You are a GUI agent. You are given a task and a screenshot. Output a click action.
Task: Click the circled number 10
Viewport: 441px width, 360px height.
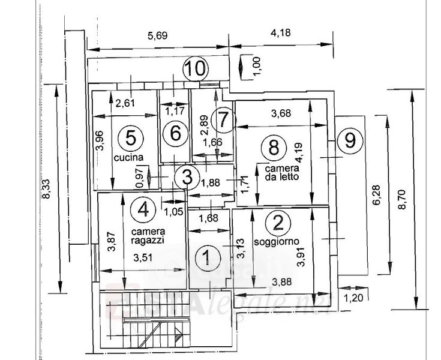coord(195,68)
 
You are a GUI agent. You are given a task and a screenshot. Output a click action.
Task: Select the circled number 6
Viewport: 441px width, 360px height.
coord(175,133)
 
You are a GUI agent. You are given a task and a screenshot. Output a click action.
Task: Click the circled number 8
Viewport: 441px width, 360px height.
coord(274,146)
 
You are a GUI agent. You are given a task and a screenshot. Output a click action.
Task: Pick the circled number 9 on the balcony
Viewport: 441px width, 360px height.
coord(350,141)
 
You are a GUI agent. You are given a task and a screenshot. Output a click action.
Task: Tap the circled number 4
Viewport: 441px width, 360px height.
coord(143,209)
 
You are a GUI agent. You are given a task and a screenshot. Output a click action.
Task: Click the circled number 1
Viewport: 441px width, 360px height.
coord(206,259)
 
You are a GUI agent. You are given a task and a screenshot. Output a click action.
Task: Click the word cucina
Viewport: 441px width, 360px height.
coord(129,158)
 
